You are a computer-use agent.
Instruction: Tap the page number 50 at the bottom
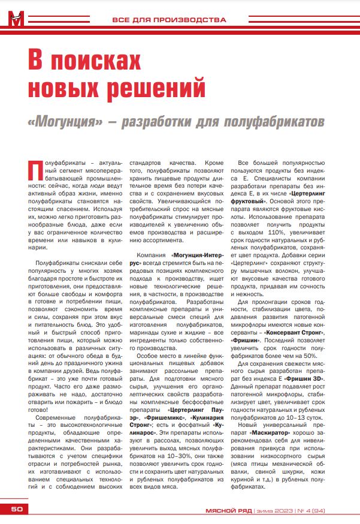tap(15, 510)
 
